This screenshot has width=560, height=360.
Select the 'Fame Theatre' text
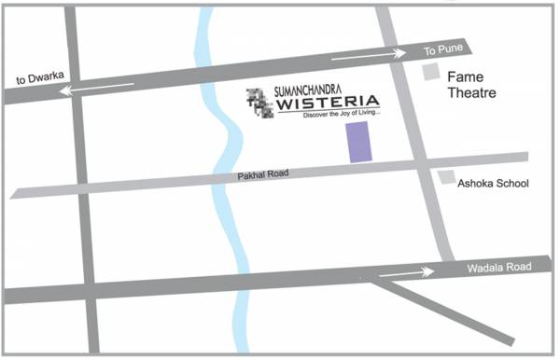[x=472, y=84]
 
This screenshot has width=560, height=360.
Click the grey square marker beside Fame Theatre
[x=430, y=73]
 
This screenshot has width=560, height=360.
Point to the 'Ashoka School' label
[x=492, y=184]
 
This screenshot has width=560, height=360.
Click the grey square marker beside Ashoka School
[x=448, y=177]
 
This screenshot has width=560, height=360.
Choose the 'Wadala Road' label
[x=498, y=268]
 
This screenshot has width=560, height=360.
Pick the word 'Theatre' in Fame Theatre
[x=469, y=93]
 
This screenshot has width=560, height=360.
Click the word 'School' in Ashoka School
[x=511, y=184]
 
